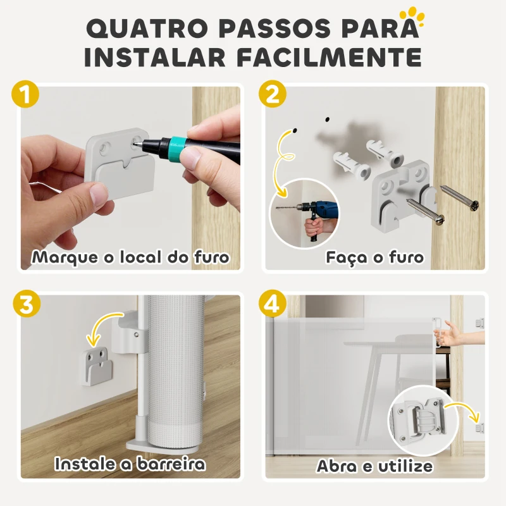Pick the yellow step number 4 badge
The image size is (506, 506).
pyautogui.click(x=273, y=304)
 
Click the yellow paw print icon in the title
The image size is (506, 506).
pyautogui.click(x=416, y=14)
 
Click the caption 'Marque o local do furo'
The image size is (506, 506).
pyautogui.click(x=131, y=258)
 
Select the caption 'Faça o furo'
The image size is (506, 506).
pyautogui.click(x=374, y=258)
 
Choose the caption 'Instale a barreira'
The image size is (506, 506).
pyautogui.click(x=130, y=464)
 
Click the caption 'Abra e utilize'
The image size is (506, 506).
pyautogui.click(x=374, y=467)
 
